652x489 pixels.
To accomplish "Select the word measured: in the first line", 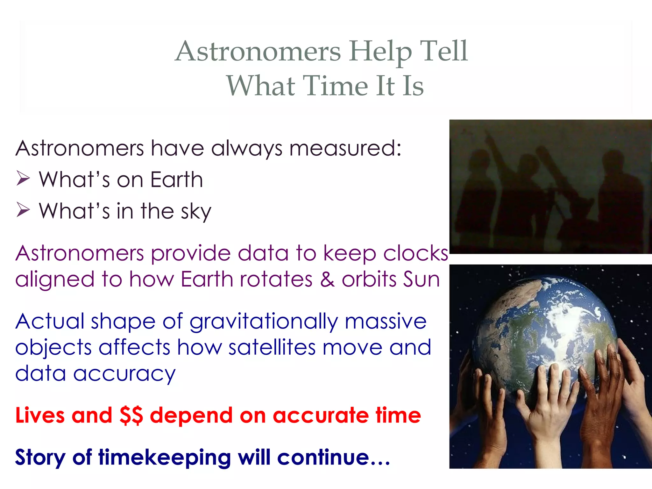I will pos(345,148).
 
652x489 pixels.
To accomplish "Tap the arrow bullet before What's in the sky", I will pos(23,210).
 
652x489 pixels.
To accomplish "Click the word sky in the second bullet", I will pos(196,211).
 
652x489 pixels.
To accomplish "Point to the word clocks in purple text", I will pos(415,253).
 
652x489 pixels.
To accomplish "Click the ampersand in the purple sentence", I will pos(327,280).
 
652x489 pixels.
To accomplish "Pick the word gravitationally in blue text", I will pos(264,322).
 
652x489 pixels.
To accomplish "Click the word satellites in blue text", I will pos(272,347).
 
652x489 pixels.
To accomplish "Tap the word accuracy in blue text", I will pos(124,374).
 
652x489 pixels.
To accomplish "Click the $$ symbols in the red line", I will pos(131,415).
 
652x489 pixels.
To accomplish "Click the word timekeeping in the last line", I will pos(164,458).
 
